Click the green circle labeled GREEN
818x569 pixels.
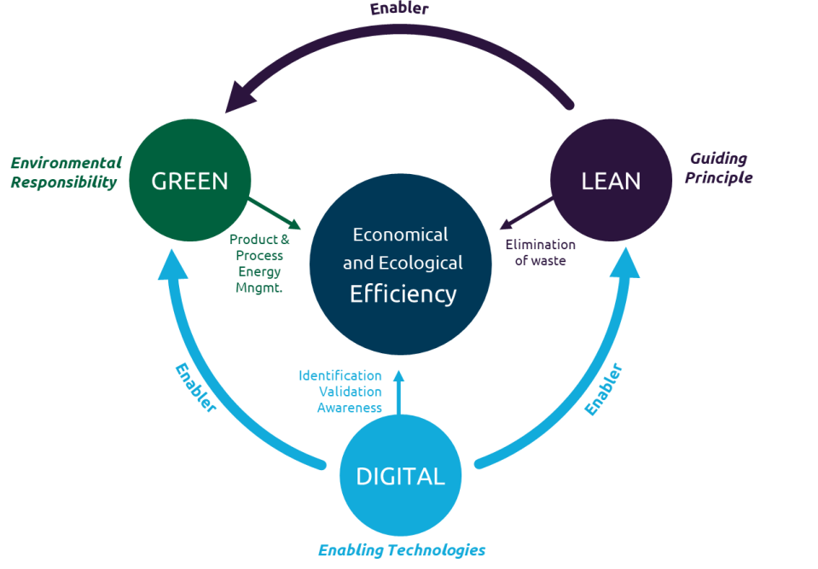point(189,180)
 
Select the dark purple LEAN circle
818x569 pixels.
point(611,180)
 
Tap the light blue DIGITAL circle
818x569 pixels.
point(400,476)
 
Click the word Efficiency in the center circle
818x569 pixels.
point(403,294)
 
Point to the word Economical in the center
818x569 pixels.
point(400,235)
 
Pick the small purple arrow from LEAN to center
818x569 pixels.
point(525,213)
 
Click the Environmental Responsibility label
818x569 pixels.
point(65,172)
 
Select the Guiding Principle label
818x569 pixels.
point(718,168)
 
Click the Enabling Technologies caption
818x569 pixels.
point(402,550)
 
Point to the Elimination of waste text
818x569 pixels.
point(540,253)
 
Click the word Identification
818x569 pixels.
point(339,375)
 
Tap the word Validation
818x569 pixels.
point(350,392)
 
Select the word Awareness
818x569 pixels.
point(349,408)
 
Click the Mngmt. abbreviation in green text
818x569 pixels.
point(259,287)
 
